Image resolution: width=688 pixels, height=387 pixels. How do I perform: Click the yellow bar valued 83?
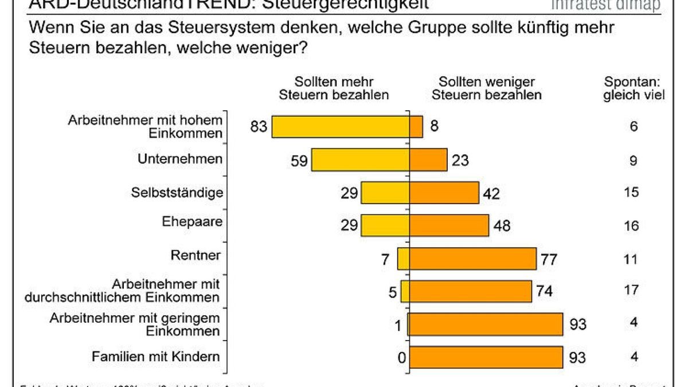point(340,127)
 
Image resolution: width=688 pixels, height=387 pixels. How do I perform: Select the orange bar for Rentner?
point(472,258)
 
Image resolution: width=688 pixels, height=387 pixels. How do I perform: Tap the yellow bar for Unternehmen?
point(360,160)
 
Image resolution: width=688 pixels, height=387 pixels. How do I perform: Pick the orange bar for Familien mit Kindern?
point(486,357)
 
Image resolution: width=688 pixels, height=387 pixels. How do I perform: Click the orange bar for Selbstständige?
point(444,193)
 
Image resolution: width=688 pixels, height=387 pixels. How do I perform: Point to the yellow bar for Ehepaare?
point(385,225)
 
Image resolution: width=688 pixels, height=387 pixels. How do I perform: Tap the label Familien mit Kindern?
point(157,357)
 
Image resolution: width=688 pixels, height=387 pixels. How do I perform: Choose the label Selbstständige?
point(177,192)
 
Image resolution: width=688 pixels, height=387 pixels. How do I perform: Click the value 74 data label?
point(544,292)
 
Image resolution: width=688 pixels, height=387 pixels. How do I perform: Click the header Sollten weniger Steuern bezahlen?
point(486,89)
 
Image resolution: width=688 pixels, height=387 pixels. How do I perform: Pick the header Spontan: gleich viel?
point(633,89)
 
